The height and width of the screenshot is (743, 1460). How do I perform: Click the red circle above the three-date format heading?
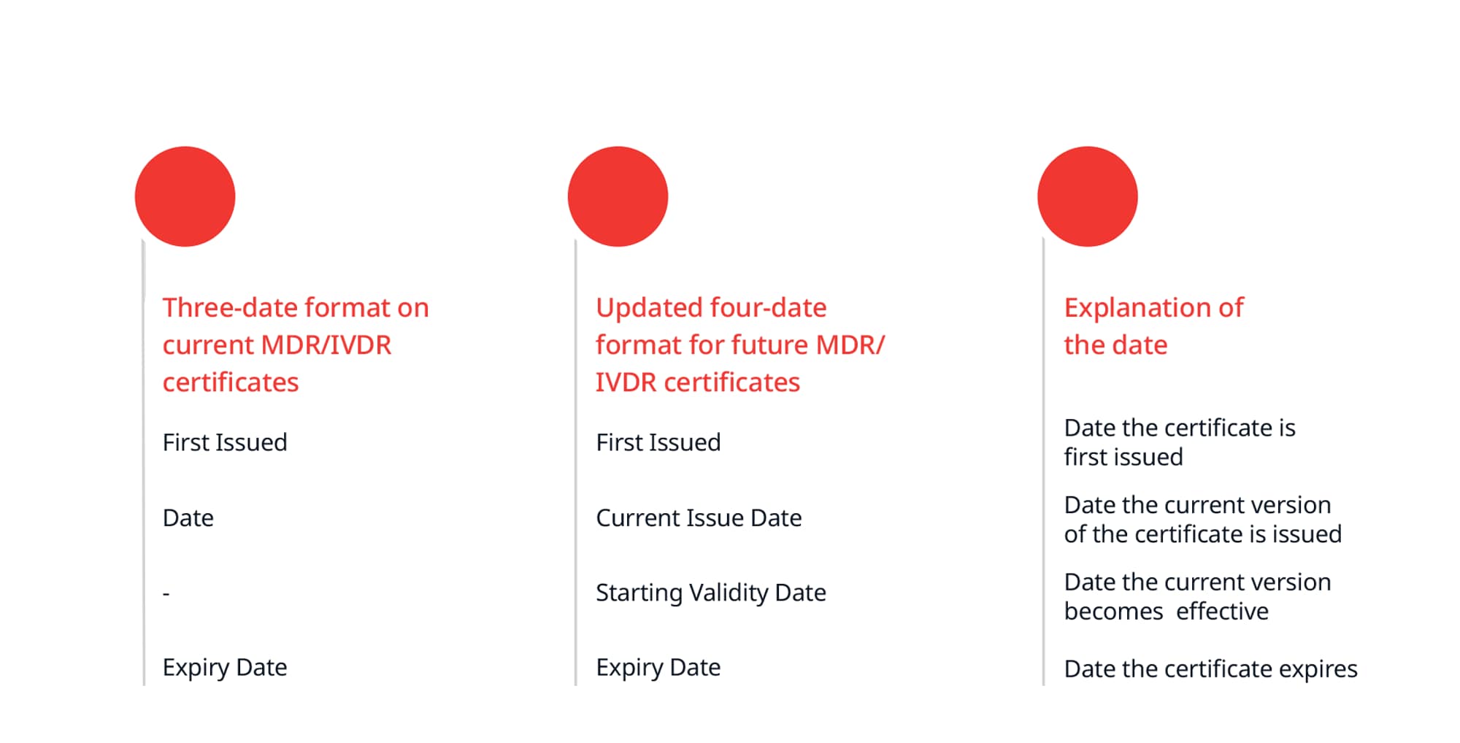pyautogui.click(x=185, y=196)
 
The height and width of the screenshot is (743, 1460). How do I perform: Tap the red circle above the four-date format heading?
pyautogui.click(x=618, y=196)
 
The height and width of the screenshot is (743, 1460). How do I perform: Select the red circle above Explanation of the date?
pyautogui.click(x=1087, y=196)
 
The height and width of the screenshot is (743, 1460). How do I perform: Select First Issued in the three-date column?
pyautogui.click(x=225, y=442)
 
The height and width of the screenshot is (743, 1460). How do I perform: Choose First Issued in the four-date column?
pyautogui.click(x=658, y=442)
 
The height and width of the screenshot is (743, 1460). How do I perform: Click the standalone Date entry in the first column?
pyautogui.click(x=188, y=518)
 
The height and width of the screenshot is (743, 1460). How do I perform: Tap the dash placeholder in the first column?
pyautogui.click(x=166, y=593)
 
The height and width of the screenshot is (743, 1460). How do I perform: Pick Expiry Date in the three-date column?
pyautogui.click(x=225, y=668)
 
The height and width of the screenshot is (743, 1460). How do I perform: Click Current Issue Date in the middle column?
pyautogui.click(x=699, y=518)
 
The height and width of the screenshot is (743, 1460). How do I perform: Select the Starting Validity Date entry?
pyautogui.click(x=711, y=593)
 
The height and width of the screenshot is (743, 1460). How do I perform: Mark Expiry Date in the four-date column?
pyautogui.click(x=658, y=668)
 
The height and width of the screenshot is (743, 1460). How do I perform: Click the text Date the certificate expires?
pyautogui.click(x=1210, y=669)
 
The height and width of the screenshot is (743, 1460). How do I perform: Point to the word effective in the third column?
pyautogui.click(x=1222, y=611)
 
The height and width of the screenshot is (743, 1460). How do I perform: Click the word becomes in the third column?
pyautogui.click(x=1113, y=611)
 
